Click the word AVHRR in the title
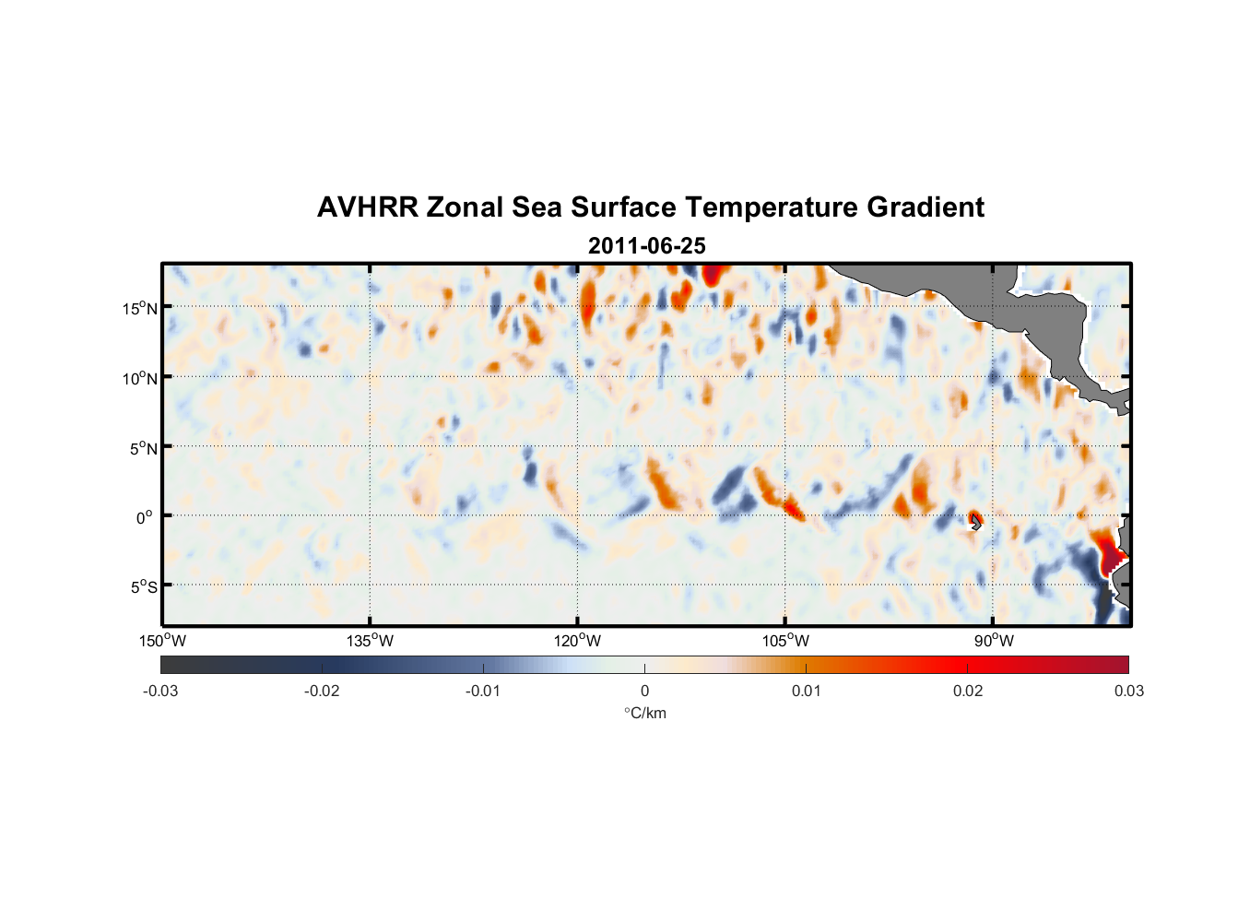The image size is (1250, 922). click(x=367, y=207)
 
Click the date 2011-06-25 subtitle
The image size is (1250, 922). click(x=646, y=246)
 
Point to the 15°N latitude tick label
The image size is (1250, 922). click(x=140, y=308)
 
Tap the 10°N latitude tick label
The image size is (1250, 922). click(x=140, y=378)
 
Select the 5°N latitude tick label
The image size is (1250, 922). click(x=143, y=448)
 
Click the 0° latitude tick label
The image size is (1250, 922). click(x=145, y=517)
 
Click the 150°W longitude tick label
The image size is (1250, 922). click(x=162, y=641)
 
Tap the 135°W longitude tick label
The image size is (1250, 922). click(x=370, y=641)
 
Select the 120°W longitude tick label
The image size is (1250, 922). click(x=577, y=641)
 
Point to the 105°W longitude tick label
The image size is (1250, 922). click(x=785, y=641)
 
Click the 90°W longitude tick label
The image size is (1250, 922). click(x=993, y=641)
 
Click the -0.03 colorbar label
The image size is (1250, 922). click(x=160, y=691)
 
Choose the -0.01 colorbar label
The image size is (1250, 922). click(x=483, y=691)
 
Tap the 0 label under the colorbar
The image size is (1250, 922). click(x=644, y=691)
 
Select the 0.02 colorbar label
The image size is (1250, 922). click(x=968, y=691)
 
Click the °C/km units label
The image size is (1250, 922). click(x=644, y=713)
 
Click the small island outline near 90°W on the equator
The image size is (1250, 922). click(x=976, y=523)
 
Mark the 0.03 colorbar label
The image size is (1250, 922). click(x=1128, y=691)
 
